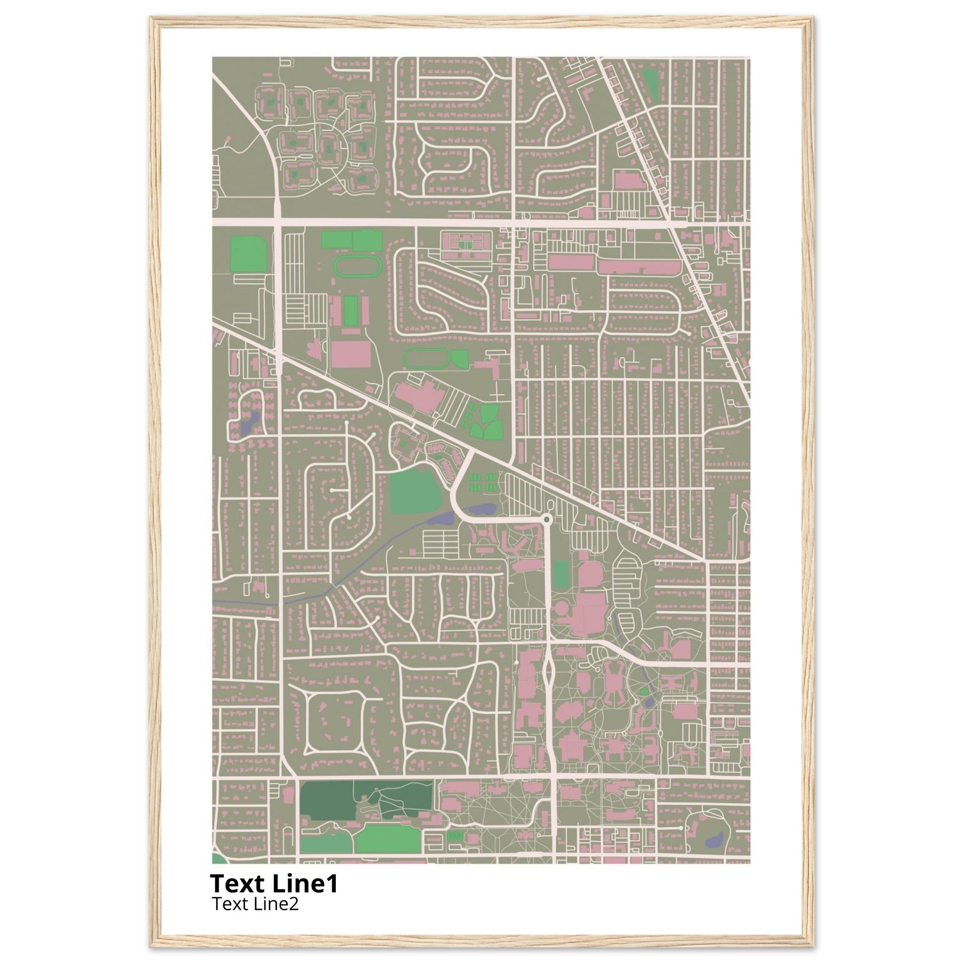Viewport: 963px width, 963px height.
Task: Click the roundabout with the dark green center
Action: click(547, 520)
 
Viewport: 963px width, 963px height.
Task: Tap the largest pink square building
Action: click(351, 354)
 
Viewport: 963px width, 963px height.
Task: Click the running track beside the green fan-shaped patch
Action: click(426, 359)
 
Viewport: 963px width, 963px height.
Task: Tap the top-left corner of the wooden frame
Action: click(152, 19)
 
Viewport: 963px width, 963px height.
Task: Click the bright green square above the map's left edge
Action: click(248, 254)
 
